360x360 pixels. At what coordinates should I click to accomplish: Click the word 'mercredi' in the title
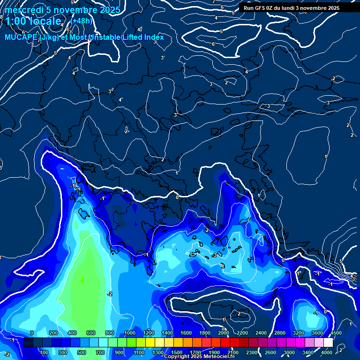click(23, 10)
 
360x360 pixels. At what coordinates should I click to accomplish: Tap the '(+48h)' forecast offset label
click(81, 21)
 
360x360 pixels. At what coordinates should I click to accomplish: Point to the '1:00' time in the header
click(16, 21)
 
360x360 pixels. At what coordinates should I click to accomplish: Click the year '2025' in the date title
click(109, 10)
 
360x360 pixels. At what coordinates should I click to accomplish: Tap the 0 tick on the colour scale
click(32, 333)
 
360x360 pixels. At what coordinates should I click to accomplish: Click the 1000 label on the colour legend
click(130, 333)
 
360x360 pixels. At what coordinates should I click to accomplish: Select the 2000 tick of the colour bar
click(224, 333)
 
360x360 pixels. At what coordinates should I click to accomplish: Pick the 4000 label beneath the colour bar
click(327, 352)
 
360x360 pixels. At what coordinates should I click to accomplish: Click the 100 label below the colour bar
click(45, 352)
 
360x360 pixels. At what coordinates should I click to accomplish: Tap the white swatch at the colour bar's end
click(328, 343)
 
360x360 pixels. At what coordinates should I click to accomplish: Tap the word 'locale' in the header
click(46, 21)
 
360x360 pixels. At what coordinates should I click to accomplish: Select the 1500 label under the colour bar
click(177, 352)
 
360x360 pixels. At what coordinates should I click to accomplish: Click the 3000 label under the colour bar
click(290, 352)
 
